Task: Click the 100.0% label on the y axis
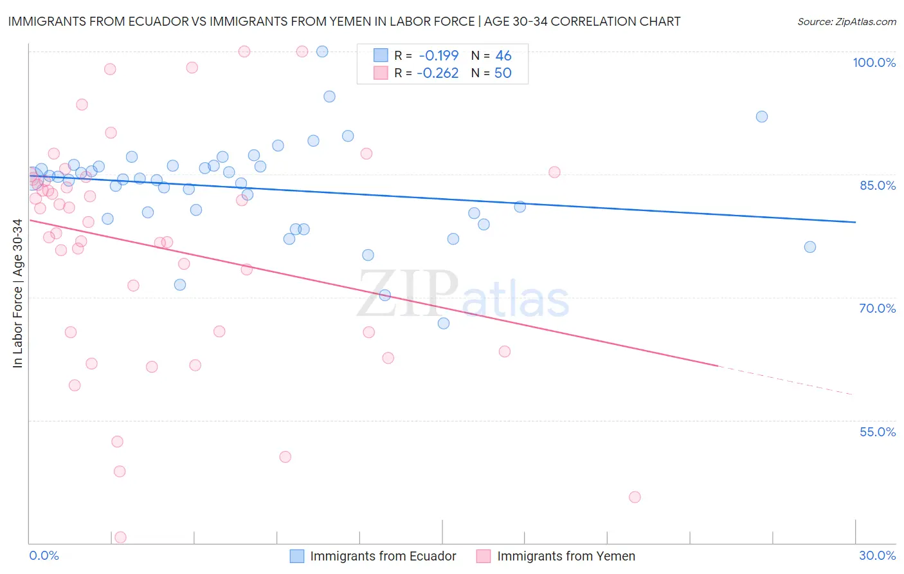tap(874, 62)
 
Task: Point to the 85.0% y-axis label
tap(878, 185)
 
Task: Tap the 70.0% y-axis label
tap(878, 308)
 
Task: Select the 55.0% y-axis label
tap(878, 432)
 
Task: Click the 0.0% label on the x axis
tap(44, 555)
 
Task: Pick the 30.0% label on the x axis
tap(877, 555)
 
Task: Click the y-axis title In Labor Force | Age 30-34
tap(17, 293)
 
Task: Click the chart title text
tap(344, 21)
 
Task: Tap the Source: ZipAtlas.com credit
tap(846, 21)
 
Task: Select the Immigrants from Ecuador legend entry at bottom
tap(383, 556)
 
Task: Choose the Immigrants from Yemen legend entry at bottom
tap(566, 556)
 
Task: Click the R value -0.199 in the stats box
tap(438, 56)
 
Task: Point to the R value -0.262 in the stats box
tap(437, 73)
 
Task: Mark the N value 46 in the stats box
tap(503, 56)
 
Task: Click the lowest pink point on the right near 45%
tap(635, 497)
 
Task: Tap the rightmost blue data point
tap(810, 247)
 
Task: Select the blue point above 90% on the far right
tap(762, 116)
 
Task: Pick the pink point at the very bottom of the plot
tap(120, 537)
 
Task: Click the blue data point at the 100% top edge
tap(322, 51)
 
